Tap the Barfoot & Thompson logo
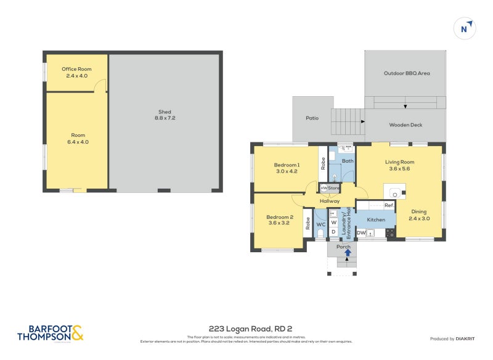point(50,333)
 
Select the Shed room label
point(164,115)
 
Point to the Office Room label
point(76,73)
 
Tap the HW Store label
point(330,188)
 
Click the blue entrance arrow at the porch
point(348,252)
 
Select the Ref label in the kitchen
point(389,205)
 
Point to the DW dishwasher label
point(361,232)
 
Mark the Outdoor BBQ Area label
point(406,73)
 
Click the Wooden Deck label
point(405,125)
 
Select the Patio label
point(312,118)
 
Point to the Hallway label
point(330,201)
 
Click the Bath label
point(348,161)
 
